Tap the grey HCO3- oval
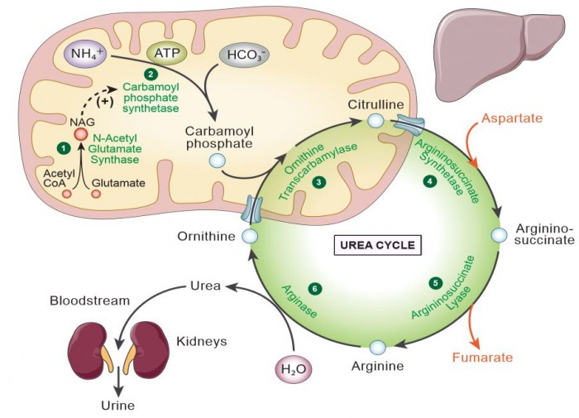click(x=241, y=56)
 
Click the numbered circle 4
click(x=429, y=181)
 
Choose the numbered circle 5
click(x=435, y=282)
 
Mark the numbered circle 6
click(x=313, y=287)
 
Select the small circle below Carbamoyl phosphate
click(x=217, y=161)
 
